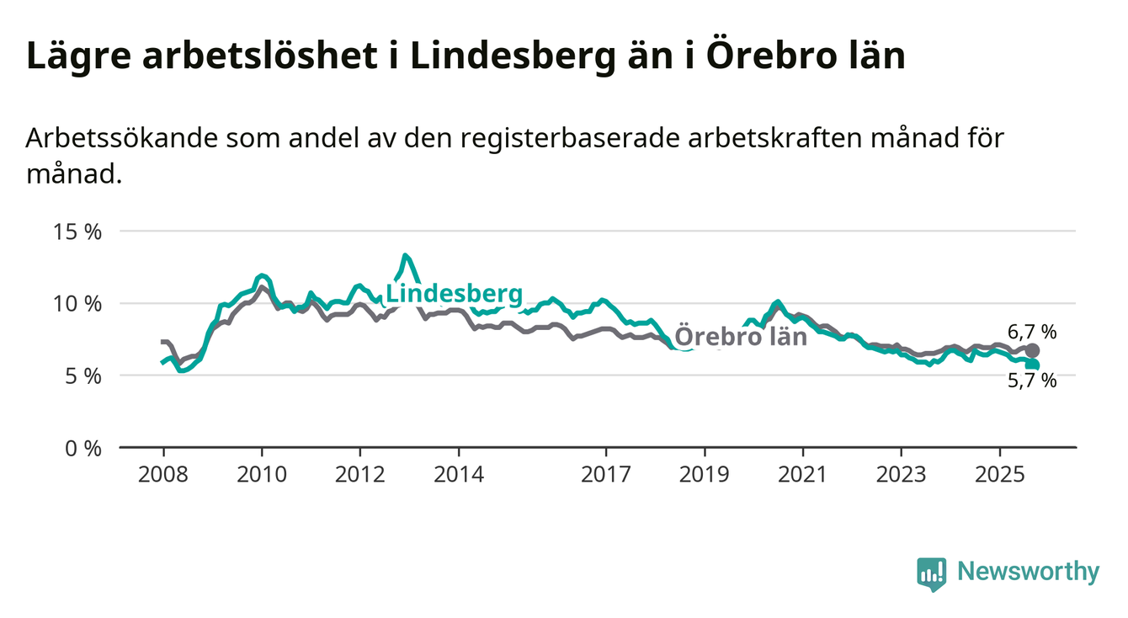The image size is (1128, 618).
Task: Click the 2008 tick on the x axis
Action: [163, 475]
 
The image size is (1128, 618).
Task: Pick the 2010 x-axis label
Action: [262, 475]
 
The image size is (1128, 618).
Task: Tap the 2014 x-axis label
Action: [459, 475]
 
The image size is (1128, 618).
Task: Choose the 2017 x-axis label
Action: [606, 475]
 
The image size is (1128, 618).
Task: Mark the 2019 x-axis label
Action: [705, 475]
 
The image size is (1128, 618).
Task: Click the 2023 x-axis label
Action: [902, 475]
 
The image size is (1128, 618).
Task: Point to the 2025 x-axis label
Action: [999, 475]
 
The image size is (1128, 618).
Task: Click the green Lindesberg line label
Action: [454, 294]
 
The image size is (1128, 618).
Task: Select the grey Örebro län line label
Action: [741, 337]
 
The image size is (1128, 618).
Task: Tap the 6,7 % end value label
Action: [1032, 332]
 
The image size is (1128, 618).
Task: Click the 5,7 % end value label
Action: [1032, 381]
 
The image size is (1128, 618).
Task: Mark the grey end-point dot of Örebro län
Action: [1033, 350]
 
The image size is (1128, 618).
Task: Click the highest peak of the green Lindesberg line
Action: [405, 255]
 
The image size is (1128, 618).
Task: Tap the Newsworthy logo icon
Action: [931, 573]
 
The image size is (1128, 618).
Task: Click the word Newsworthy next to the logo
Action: [1029, 573]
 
